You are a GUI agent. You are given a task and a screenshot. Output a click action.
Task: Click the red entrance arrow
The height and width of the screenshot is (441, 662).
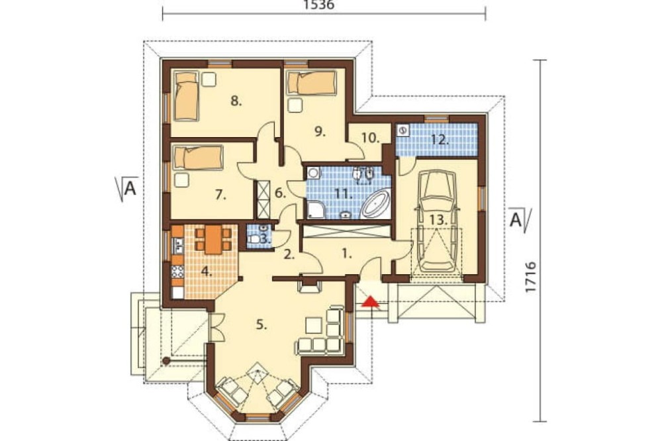point(370,301)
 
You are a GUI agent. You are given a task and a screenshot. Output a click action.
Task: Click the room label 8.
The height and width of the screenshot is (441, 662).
point(236,101)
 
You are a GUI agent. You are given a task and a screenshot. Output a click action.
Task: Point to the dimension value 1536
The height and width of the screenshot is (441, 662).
point(319,5)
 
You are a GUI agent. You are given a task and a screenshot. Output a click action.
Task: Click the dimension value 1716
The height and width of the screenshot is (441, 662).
point(531,277)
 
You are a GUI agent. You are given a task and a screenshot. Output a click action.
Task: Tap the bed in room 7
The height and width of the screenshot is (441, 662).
point(198,157)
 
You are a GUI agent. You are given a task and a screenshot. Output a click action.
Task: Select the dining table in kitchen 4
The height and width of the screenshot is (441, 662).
point(214,239)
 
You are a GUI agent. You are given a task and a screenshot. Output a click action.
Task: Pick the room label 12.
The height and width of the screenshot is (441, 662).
point(440,140)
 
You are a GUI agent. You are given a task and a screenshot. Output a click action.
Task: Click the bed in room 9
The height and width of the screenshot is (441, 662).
point(312,83)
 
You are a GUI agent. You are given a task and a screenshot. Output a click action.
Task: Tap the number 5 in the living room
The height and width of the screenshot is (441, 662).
point(261,324)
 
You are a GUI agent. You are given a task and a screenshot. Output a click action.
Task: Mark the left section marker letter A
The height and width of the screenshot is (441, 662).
point(130,188)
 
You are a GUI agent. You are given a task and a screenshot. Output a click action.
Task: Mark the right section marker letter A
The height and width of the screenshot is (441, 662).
point(516,220)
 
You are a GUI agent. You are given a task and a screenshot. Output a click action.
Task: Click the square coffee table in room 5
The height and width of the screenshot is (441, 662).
point(314,325)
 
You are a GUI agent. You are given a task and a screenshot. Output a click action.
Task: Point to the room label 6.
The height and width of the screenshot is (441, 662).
point(280,193)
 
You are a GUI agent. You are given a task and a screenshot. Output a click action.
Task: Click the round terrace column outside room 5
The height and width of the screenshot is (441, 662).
point(166,361)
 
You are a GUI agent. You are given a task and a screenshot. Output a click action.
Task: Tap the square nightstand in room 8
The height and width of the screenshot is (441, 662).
point(208,79)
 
